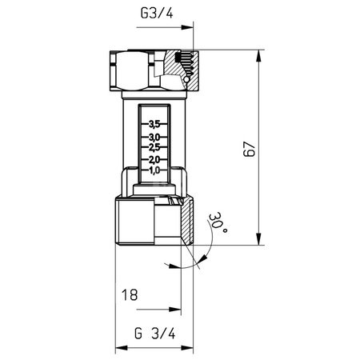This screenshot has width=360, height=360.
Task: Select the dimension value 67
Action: (250, 149)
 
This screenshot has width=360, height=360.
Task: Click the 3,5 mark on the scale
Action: (155, 123)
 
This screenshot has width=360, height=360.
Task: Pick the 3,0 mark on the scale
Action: (155, 138)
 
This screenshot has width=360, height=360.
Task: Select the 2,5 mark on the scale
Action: (155, 148)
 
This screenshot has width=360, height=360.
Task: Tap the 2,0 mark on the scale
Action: (155, 159)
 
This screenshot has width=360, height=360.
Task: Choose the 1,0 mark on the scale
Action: (155, 170)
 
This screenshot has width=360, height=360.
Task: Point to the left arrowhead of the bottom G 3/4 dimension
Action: (122, 348)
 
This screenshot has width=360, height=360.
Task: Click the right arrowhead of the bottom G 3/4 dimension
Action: (190, 348)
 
